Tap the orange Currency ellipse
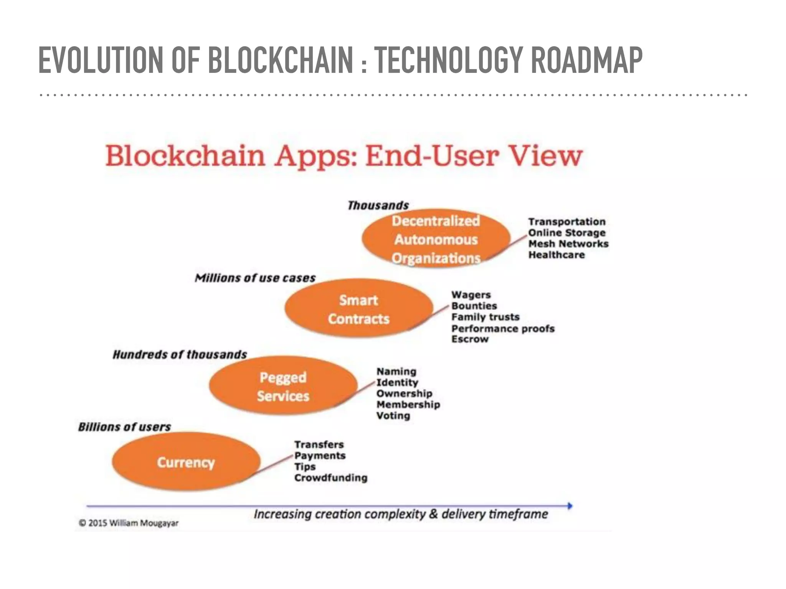pos(186,462)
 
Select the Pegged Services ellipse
pos(283,386)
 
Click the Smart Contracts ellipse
pos(358,309)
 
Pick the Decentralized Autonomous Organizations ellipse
pos(436,239)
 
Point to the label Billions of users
pos(124,427)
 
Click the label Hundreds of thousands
pos(180,354)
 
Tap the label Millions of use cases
pos(255,278)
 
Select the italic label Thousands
pos(378,206)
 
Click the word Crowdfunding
pos(331,478)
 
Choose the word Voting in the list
pos(393,416)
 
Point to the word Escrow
pos(470,339)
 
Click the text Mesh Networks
pos(568,244)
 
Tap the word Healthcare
pos(556,255)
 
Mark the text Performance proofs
pos(503,329)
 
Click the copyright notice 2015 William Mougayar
pos(129,523)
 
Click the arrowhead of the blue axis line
pos(570,506)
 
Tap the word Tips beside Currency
pos(305,467)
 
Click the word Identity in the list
pos(397,383)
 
